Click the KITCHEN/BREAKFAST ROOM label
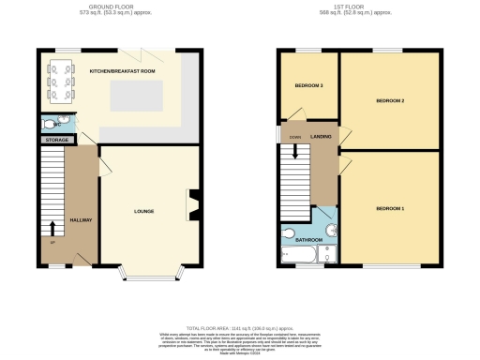122,71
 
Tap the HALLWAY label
82,220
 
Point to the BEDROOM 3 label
308,86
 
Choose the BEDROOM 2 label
389,99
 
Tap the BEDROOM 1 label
389,207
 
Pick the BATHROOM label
308,240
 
